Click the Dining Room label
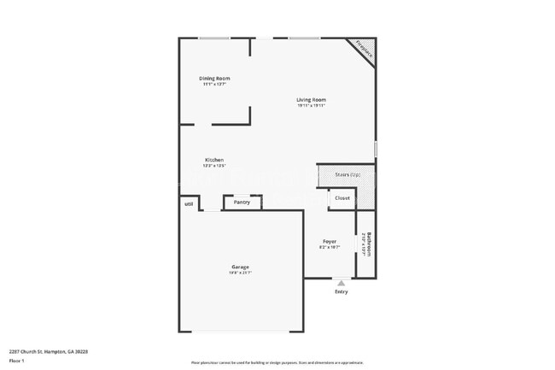point(215,79)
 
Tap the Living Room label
point(312,100)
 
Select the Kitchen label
point(214,160)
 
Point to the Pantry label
point(242,203)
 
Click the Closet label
point(342,198)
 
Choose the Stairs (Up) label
point(348,174)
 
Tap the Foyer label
point(330,242)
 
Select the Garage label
point(240,267)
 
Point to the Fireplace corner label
point(363,49)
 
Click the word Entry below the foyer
point(342,292)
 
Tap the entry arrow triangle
point(342,282)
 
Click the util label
point(188,203)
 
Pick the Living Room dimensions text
point(312,106)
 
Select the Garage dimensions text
point(240,273)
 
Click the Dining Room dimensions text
point(214,85)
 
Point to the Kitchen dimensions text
point(214,166)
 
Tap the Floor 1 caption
point(16,361)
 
